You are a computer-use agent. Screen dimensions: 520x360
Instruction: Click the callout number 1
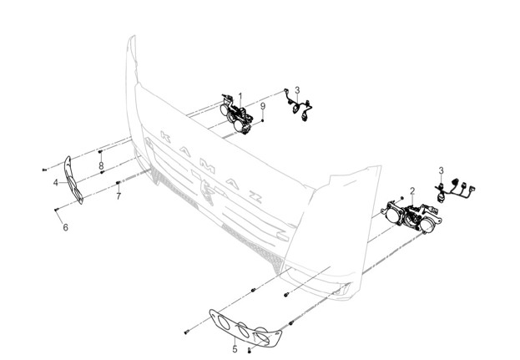[240, 96]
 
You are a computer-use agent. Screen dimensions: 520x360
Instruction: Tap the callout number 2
[412, 190]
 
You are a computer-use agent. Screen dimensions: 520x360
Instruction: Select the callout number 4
[56, 182]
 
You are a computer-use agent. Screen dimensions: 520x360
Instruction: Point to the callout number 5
[235, 349]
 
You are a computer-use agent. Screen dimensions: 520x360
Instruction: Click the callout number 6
[65, 227]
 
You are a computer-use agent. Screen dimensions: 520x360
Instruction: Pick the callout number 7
[119, 196]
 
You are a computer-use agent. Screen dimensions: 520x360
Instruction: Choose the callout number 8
[101, 165]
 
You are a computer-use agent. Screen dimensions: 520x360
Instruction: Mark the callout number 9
[263, 106]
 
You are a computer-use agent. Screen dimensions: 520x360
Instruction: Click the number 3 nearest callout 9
[297, 90]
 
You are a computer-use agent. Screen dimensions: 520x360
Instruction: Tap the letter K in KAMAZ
[165, 136]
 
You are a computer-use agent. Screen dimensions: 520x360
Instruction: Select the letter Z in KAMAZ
[255, 197]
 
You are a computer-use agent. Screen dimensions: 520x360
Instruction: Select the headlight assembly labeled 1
[236, 114]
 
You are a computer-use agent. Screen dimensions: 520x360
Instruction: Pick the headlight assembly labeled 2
[411, 215]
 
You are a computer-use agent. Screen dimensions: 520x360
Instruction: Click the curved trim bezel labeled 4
[73, 180]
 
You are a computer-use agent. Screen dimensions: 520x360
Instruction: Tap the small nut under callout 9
[263, 120]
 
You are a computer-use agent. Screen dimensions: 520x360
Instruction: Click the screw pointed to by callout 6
[57, 210]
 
